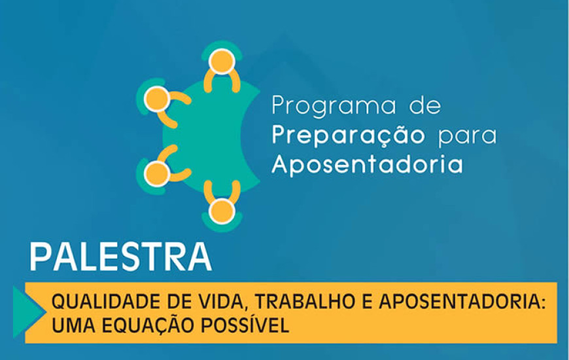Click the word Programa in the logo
coord(334,106)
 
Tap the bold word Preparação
coord(349,135)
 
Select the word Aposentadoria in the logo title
coord(368,164)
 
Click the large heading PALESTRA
coord(121,257)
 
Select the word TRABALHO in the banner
coord(305,302)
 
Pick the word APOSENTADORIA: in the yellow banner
coord(462,302)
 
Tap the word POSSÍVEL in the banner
coord(245,324)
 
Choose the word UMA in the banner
coord(74,325)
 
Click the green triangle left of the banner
coord(27,312)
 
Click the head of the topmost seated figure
coord(222,62)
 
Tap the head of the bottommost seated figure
coord(222,211)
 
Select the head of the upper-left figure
coord(157,99)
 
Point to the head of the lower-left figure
coord(157,173)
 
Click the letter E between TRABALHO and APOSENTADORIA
coord(367,302)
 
